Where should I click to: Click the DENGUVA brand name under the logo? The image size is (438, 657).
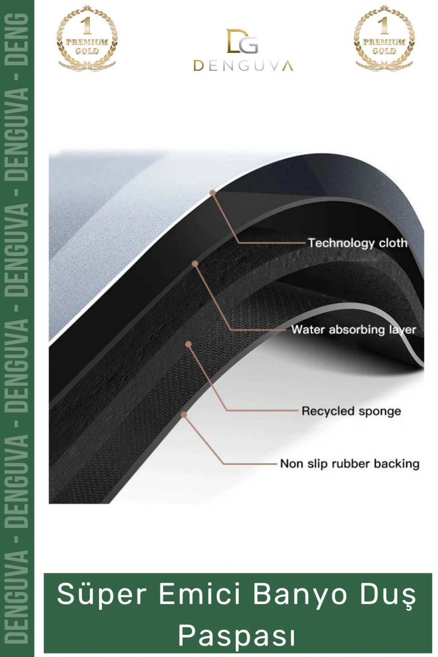243,66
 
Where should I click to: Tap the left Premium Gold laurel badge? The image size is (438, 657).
87,38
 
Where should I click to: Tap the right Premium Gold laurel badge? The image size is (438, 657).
384,38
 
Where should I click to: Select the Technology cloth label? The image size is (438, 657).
357,243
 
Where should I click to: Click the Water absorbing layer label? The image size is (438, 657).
353,330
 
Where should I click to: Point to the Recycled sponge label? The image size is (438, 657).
351,411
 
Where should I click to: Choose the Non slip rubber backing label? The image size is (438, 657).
350,464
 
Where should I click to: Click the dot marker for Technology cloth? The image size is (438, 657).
213,192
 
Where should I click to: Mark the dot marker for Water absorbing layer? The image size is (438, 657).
195,263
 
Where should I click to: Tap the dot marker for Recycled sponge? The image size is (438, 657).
188,344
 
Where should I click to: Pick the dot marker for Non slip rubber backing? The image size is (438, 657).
184,414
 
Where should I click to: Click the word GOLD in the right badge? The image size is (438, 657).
384,51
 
